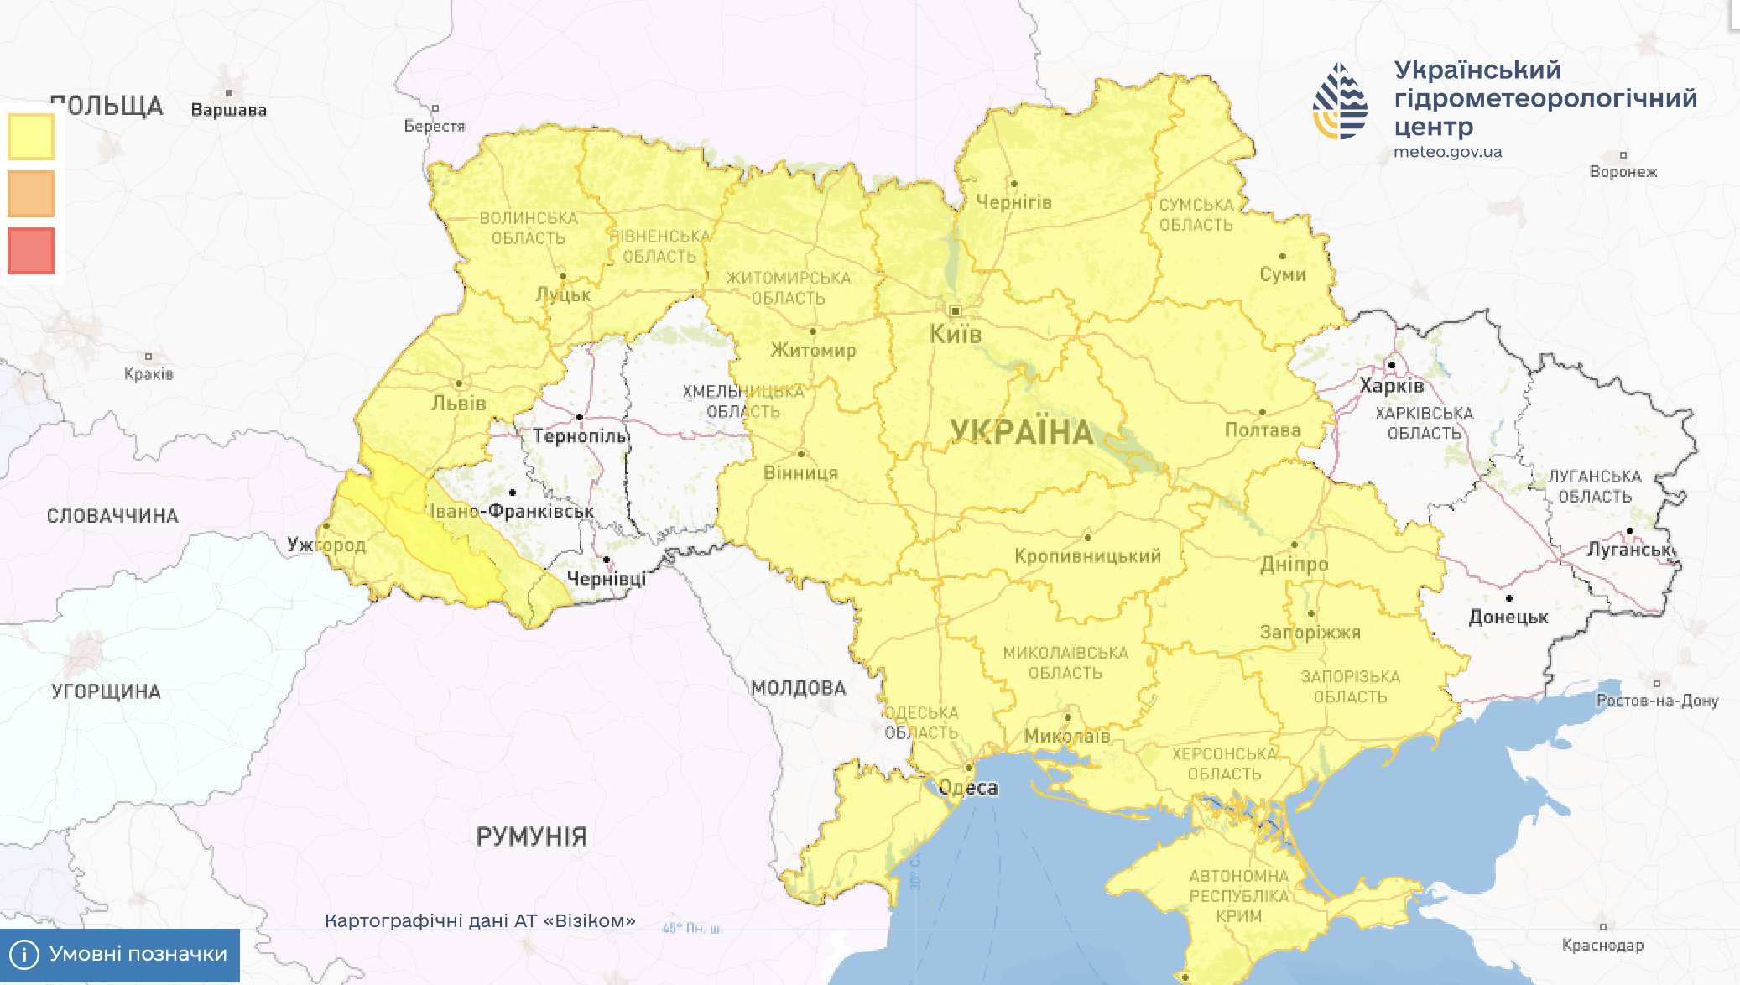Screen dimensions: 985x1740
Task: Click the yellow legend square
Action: [x=31, y=137]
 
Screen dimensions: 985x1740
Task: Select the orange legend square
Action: [x=31, y=194]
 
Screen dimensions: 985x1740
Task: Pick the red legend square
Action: [x=31, y=251]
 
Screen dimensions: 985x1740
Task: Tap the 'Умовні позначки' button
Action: [x=120, y=954]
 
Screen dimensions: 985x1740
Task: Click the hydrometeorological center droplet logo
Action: [x=1340, y=102]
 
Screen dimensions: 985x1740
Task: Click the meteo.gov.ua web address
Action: [x=1447, y=152]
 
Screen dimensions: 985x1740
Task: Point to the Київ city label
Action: [x=955, y=334]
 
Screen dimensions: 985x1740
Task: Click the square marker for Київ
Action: [x=955, y=311]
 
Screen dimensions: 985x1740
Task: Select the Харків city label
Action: [x=1391, y=386]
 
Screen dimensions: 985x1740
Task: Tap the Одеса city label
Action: [x=968, y=788]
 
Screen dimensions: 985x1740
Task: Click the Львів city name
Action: [x=458, y=404]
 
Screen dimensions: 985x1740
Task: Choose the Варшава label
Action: [x=228, y=110]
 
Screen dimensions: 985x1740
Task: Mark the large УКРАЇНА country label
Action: [x=1021, y=432]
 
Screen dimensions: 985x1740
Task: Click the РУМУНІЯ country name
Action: [x=531, y=836]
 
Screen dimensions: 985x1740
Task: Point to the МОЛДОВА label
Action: [x=798, y=689]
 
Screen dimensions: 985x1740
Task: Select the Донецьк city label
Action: [x=1508, y=618]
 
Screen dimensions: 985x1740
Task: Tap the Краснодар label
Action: [x=1602, y=946]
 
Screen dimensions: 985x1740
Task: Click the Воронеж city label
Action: [x=1623, y=172]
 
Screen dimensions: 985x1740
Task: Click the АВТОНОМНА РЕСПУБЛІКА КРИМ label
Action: [x=1238, y=896]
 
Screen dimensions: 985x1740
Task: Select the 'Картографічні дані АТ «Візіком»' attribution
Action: [x=480, y=920]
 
